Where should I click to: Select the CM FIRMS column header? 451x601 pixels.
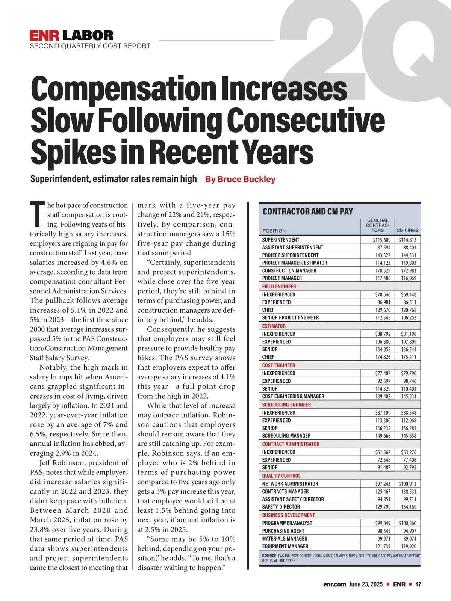407,230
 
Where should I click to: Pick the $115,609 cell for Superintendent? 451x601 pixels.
381,240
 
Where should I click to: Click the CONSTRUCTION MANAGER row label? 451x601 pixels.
289,270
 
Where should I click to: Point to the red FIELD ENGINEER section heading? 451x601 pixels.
279,287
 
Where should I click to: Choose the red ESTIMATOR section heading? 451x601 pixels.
274,326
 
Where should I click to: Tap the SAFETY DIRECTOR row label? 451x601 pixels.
281,507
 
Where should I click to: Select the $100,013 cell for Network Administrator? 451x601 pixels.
408,484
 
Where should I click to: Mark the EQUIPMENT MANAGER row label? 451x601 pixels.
285,546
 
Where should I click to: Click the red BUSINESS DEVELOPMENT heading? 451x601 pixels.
288,515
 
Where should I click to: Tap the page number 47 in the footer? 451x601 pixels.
418,584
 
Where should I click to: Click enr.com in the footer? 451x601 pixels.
334,584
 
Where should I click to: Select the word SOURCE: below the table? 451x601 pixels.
269,555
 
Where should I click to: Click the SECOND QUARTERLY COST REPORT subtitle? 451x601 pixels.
90,46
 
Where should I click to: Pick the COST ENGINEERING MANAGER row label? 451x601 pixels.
293,396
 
